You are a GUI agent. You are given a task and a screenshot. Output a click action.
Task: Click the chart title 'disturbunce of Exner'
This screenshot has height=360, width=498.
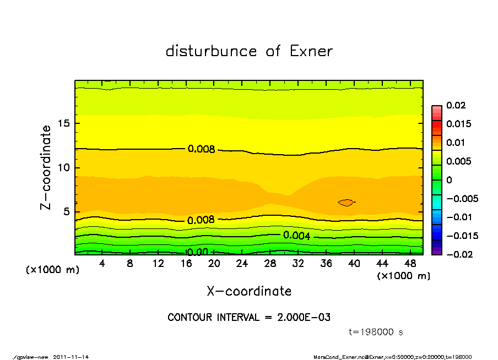[x=249, y=51]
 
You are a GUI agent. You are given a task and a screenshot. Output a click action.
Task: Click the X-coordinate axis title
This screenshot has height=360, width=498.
[x=249, y=291]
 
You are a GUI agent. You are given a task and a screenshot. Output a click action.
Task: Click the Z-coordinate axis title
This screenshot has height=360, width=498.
[x=46, y=167]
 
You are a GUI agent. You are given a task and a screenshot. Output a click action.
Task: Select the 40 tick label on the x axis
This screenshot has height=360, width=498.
[x=354, y=264]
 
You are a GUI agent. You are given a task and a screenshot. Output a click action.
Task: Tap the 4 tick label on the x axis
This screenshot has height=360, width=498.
[x=102, y=264]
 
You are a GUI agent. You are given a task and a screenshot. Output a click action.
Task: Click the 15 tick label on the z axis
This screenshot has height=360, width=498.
[x=63, y=123]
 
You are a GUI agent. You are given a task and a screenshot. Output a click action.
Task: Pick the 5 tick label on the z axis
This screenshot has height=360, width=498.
[x=66, y=212]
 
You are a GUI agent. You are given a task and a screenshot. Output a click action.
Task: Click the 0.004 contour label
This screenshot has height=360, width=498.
[x=297, y=236]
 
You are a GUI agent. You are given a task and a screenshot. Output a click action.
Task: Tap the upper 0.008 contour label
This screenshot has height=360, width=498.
[x=201, y=149]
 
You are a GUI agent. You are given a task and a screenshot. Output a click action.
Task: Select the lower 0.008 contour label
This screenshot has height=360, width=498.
[x=201, y=220]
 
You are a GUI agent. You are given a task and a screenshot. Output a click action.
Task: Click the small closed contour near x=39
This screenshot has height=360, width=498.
[x=346, y=203]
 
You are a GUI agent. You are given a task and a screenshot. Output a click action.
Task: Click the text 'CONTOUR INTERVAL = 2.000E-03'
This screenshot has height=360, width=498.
[x=249, y=318]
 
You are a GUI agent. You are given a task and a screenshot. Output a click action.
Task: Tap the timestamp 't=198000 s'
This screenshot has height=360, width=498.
[x=377, y=332]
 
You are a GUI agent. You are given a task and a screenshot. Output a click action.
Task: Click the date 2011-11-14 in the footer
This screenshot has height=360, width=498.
[x=71, y=357]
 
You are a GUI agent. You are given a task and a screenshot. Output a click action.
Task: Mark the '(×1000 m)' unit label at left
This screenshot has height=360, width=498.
[x=50, y=270]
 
